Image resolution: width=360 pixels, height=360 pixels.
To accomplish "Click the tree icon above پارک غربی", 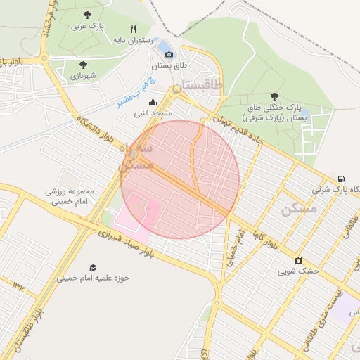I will coord(86,14).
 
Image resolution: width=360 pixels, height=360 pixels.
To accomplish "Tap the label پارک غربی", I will coord(87,26).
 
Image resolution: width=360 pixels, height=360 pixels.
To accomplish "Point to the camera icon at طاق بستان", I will coord(169,54).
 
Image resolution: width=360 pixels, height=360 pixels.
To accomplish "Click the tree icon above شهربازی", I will coord(74,64).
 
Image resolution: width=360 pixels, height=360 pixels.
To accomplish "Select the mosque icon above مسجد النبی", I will coord(153,102).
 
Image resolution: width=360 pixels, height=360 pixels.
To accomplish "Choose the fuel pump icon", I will coord(341,179).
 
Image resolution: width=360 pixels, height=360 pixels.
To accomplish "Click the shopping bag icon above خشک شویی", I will coord(298,259).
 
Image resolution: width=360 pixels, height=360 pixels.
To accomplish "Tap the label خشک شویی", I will coord(298,270).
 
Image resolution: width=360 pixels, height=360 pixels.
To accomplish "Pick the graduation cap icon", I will coord(93,267).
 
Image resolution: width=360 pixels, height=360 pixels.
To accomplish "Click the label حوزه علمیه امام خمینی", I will coord(94,278).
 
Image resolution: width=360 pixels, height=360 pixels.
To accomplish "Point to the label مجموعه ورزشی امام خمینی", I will coord(70,196).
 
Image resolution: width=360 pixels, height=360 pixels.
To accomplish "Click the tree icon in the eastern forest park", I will coord(274,97).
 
